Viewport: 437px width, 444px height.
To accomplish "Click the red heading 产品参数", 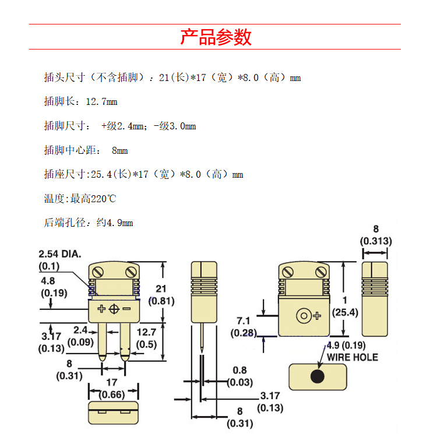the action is pos(216,37).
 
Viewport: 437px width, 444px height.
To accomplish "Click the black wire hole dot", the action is pos(317,376).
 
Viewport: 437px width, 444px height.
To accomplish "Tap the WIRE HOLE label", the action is pos(353,357).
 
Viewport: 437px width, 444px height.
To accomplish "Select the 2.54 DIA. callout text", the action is pos(60,254).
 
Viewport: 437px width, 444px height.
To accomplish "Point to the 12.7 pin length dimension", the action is pos(146,332).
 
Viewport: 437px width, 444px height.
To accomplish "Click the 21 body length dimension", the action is pos(161,288).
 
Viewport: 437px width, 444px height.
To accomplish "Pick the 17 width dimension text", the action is pos(112,382).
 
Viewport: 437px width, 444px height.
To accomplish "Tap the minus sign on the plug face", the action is pos(126,308).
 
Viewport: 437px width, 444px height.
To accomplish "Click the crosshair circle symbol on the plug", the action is pos(114,309).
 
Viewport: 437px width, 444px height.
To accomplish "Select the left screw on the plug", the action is pos(98,273).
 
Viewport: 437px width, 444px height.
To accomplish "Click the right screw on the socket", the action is pos(321,273).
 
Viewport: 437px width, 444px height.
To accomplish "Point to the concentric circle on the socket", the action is pos(304,315).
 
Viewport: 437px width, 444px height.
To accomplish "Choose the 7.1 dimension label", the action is pos(244,321).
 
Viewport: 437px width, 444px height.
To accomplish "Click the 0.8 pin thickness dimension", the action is pos(239,370).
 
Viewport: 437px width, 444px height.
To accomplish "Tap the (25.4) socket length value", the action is pos(345,312).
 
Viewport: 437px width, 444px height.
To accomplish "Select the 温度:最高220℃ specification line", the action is pos(80,199).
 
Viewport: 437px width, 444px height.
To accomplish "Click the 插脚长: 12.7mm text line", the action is pos(80,101).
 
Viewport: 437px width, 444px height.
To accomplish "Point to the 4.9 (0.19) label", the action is pos(346,345).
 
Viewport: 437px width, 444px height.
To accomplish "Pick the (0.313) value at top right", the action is pos(376,241).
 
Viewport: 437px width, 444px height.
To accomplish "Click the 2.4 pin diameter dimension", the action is pos(80,330).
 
